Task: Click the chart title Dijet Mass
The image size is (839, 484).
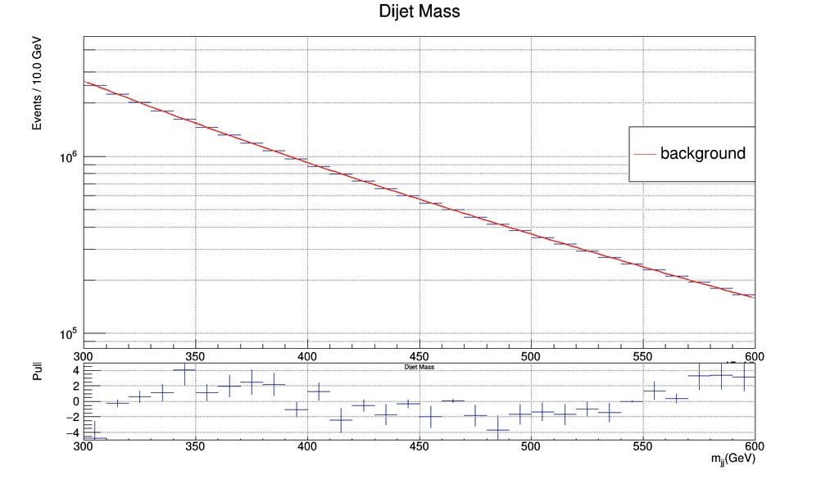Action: (419, 12)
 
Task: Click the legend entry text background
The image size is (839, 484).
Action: (703, 153)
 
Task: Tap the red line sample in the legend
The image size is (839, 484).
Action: (645, 154)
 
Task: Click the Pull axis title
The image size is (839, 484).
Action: (37, 373)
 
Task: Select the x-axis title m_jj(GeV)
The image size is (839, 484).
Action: (732, 462)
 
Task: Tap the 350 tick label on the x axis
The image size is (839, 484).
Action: (195, 356)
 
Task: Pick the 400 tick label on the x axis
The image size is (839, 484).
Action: (307, 356)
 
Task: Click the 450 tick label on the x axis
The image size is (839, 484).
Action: (419, 356)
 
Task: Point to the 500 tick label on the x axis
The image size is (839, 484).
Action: (532, 356)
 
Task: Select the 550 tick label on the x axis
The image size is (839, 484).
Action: (643, 356)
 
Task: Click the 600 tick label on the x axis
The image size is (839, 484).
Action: (755, 356)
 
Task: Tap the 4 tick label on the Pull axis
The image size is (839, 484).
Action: (74, 370)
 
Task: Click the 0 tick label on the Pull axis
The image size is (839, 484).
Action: (74, 401)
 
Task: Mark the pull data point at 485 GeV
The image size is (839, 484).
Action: (497, 429)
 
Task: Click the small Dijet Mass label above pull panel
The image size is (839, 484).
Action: (419, 368)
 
